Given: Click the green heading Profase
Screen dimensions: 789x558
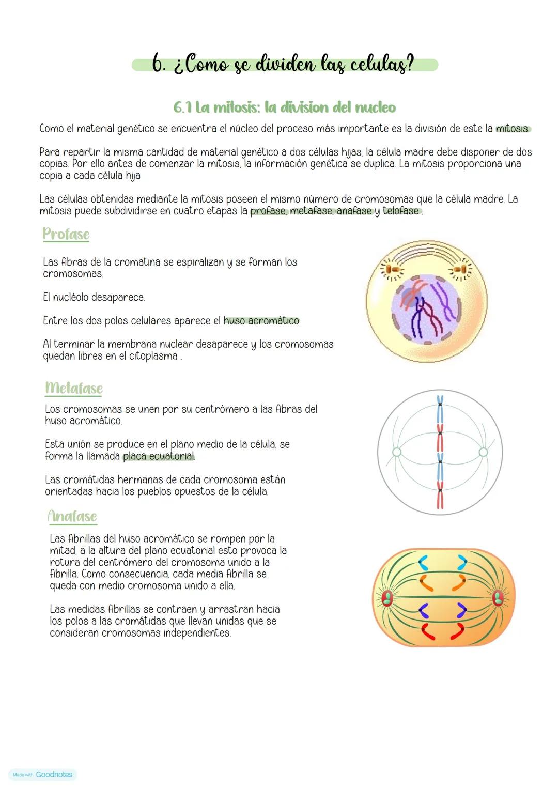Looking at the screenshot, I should (66, 234).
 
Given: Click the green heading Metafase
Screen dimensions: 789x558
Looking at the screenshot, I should (74, 388).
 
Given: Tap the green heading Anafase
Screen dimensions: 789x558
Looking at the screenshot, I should (72, 516).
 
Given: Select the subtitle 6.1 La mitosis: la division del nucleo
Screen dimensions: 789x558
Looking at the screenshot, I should (285, 107).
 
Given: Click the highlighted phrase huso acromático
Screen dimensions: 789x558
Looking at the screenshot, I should (261, 321).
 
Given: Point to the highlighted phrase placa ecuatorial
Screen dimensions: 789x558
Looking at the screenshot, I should (159, 456).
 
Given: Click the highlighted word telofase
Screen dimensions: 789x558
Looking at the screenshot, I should (401, 211).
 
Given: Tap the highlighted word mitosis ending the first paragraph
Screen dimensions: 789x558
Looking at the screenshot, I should (512, 128).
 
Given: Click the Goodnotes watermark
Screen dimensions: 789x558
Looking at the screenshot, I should (43, 775).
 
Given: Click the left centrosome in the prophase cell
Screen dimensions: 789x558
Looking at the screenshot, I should (394, 270).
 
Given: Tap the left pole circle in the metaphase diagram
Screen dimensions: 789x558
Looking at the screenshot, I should (397, 452).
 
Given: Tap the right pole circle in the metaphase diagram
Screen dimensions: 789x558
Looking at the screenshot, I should (483, 452).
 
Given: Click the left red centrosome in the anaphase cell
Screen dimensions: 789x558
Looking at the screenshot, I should (388, 598).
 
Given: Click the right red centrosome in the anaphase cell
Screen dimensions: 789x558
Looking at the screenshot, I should (498, 598).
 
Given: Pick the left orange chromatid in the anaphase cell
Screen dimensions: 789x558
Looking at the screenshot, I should (426, 582).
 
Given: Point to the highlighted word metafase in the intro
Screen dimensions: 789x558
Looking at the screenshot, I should (312, 211).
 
